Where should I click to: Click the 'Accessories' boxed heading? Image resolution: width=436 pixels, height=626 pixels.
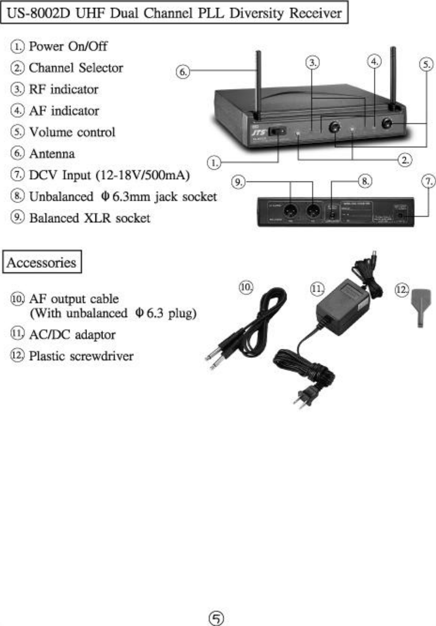tap(42, 262)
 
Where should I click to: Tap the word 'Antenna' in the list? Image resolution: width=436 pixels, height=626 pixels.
tap(51, 154)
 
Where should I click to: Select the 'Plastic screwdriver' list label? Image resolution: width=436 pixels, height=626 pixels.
tap(81, 356)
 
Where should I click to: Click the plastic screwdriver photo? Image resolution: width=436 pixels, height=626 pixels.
tap(420, 307)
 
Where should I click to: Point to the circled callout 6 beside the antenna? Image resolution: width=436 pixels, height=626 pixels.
tap(183, 71)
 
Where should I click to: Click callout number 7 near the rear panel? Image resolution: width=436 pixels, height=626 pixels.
tap(428, 181)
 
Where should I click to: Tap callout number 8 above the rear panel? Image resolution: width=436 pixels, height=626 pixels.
tap(365, 181)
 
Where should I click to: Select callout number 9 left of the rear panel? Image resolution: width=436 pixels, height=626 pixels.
tap(239, 182)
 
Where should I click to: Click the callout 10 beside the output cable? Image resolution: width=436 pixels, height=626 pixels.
tap(246, 287)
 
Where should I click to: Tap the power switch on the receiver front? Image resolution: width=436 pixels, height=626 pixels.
tap(279, 131)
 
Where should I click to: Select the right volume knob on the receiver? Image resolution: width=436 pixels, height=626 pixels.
tap(387, 124)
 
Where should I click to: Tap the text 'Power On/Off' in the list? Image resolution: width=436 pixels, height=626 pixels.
tap(68, 46)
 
